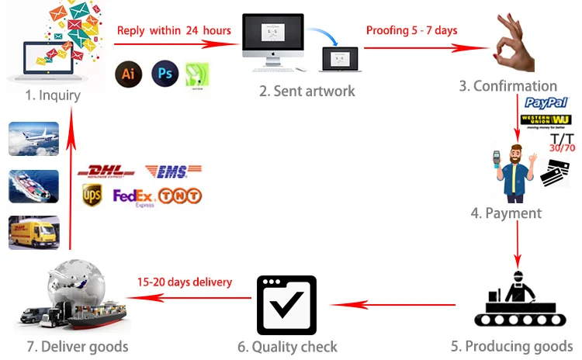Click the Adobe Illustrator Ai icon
click(129, 74)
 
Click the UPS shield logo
click(93, 196)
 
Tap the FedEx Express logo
click(133, 197)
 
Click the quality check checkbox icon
click(286, 305)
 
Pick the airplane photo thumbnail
click(33, 139)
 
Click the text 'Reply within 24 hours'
click(174, 31)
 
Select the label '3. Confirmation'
click(508, 86)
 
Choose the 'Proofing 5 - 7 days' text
click(411, 31)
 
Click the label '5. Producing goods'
click(511, 346)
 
